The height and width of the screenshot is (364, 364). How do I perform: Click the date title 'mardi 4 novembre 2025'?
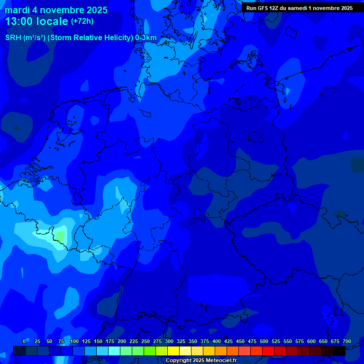56,10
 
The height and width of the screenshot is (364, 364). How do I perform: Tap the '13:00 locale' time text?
36,21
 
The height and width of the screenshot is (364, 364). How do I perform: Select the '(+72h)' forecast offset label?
82,21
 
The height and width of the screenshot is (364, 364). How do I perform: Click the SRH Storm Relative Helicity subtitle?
81,38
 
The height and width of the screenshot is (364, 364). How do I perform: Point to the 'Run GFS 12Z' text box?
299,8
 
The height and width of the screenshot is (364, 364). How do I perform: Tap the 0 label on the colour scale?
24,341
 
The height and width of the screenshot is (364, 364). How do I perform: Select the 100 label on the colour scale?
74,341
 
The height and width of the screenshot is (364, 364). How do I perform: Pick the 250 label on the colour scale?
146,341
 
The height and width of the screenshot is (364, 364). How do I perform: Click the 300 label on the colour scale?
169,341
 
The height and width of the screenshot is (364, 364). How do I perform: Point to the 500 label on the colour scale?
264,341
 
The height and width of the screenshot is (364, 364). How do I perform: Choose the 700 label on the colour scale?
347,341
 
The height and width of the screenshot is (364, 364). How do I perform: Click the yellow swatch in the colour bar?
173,351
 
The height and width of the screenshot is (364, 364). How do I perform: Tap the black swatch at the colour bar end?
339,351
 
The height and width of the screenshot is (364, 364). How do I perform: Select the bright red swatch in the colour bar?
268,351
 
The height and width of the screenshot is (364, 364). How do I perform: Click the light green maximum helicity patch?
60,235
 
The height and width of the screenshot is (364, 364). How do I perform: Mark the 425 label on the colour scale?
228,341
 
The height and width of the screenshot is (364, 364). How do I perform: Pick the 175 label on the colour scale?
110,341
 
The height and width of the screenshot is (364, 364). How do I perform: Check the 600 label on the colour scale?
311,341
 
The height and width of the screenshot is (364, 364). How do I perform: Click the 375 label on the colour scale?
205,341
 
